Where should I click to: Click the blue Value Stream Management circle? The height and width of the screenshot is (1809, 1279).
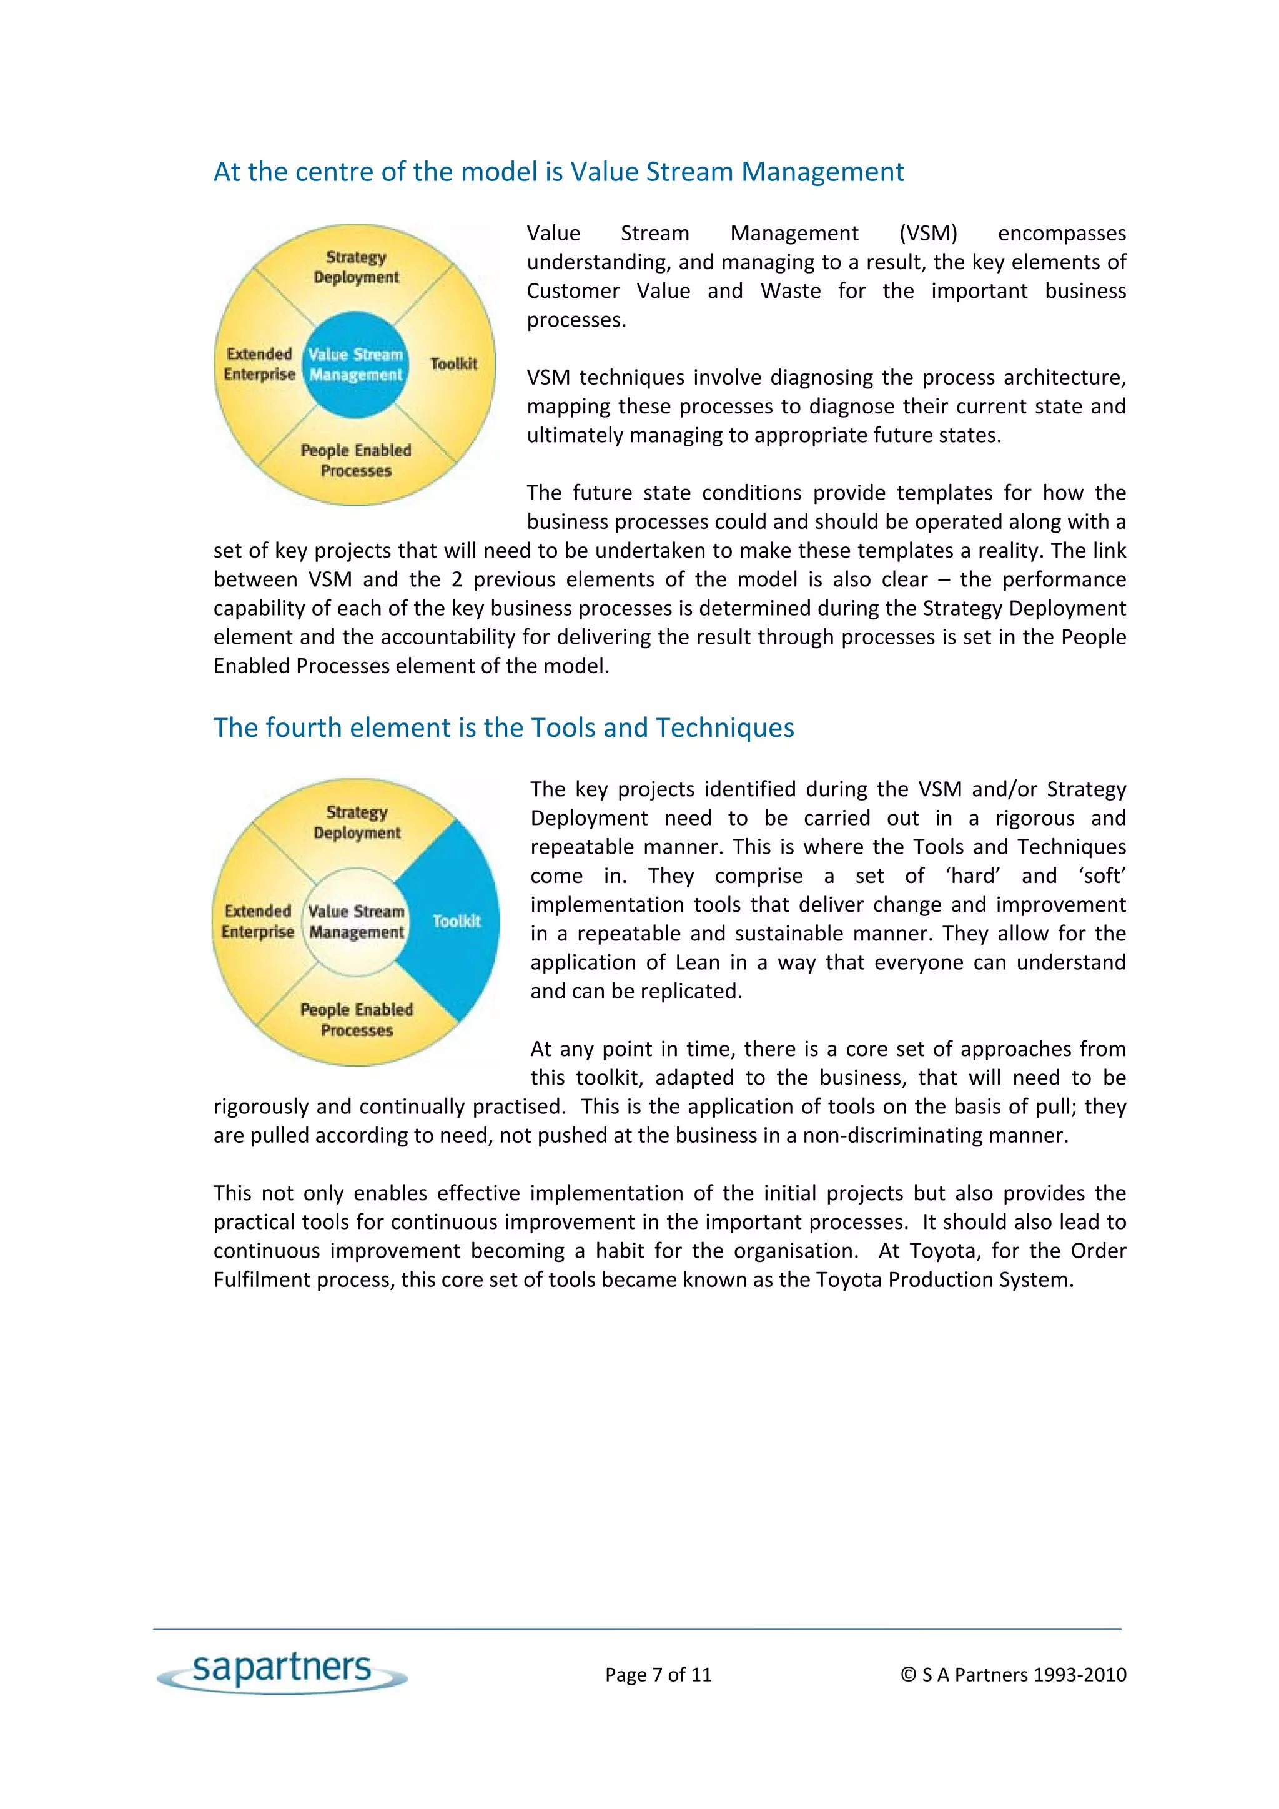pos(355,365)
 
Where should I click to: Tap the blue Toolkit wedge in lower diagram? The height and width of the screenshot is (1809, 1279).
pos(455,920)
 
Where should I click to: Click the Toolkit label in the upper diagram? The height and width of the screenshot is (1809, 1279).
pos(454,363)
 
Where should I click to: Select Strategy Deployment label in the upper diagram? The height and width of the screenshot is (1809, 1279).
pos(356,267)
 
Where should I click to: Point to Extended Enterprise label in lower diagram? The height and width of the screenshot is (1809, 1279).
pos(258,920)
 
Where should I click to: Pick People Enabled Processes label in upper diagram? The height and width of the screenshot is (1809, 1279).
pos(356,460)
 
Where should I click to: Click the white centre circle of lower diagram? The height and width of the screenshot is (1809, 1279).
pos(356,921)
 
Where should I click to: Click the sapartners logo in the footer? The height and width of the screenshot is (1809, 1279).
pos(282,1669)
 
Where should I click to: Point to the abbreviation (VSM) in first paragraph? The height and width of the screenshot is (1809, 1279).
pos(927,233)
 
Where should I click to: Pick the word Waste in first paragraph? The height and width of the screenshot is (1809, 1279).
pos(791,291)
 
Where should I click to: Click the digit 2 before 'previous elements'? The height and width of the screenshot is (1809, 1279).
pos(457,579)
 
